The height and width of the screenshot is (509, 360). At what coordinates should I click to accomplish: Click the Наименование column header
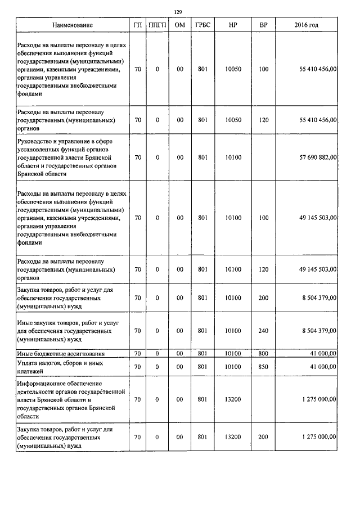(x=73, y=25)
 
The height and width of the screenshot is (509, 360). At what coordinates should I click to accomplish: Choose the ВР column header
(x=263, y=25)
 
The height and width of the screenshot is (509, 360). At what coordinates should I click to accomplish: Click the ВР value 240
(x=263, y=331)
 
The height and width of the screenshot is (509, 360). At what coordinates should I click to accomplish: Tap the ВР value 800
(x=263, y=353)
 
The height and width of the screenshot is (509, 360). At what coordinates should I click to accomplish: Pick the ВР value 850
(x=263, y=366)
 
